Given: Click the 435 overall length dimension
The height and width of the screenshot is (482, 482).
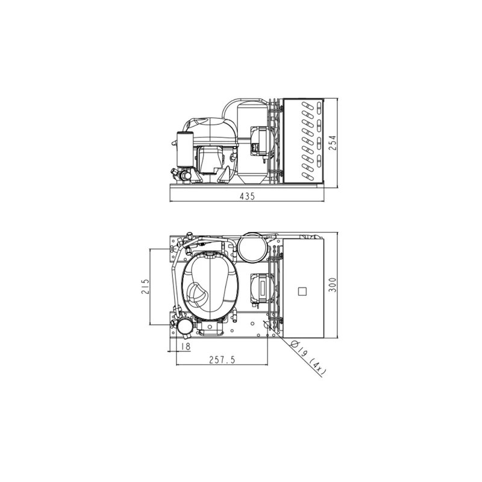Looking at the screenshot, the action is point(248,196).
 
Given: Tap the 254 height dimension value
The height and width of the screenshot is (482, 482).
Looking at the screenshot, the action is point(333,143).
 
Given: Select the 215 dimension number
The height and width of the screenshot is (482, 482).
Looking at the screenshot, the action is point(145,287).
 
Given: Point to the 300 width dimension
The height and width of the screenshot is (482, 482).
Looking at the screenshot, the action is point(333,285).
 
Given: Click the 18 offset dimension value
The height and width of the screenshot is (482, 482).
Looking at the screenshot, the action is point(186,346).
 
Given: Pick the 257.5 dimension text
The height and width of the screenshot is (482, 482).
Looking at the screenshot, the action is point(222,360).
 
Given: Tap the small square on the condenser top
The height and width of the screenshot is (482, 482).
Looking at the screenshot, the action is point(302,291).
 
